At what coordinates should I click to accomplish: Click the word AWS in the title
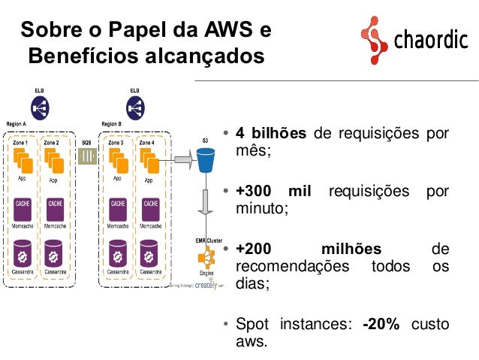click(x=224, y=31)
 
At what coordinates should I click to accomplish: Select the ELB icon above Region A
click(x=40, y=107)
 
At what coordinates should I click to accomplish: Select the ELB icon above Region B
click(x=134, y=107)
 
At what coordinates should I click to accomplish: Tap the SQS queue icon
click(x=87, y=157)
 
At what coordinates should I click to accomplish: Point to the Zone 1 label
click(x=21, y=142)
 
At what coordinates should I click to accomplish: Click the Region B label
click(x=110, y=124)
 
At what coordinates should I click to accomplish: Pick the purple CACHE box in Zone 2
click(x=54, y=205)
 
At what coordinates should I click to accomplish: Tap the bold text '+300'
click(x=254, y=191)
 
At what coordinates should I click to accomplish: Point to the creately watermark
click(x=205, y=286)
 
